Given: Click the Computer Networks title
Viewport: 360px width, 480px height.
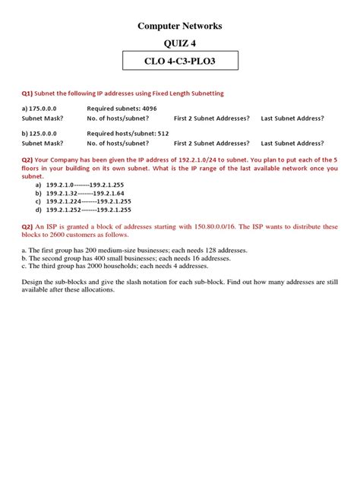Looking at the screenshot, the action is [180, 26].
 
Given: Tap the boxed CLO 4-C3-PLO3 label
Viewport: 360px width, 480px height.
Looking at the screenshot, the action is [180, 62].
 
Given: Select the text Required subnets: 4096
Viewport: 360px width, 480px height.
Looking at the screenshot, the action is [121, 109].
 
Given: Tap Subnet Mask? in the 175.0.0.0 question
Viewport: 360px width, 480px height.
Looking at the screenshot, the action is [42, 118].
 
